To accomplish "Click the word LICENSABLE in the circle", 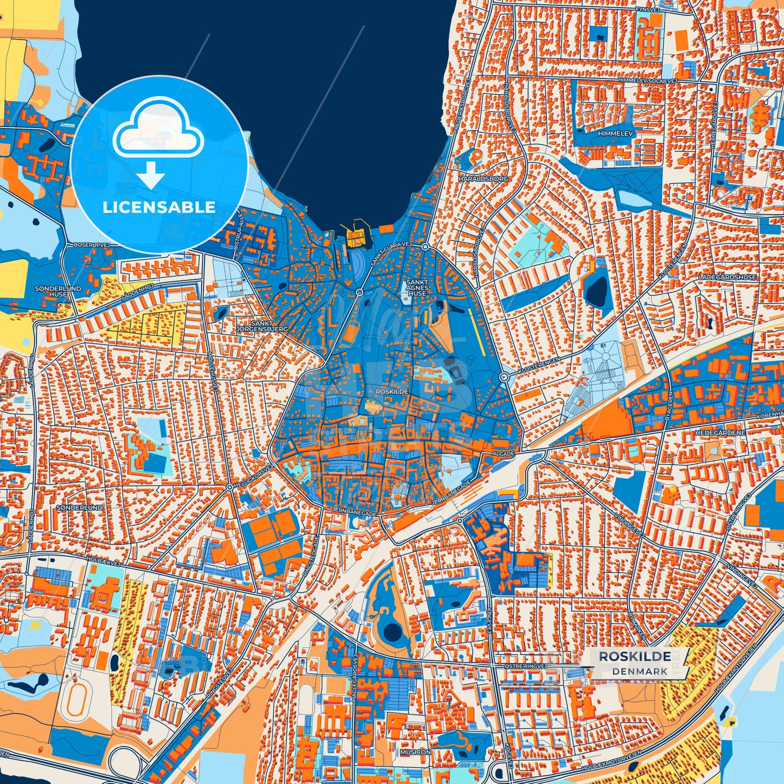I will tap(159, 207).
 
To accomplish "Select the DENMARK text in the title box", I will tap(640, 671).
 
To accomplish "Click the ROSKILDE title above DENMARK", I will tap(634, 656).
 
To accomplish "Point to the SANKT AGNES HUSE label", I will tap(417, 288).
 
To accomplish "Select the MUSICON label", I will tap(415, 753).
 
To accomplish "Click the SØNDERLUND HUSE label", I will tap(50, 291).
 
